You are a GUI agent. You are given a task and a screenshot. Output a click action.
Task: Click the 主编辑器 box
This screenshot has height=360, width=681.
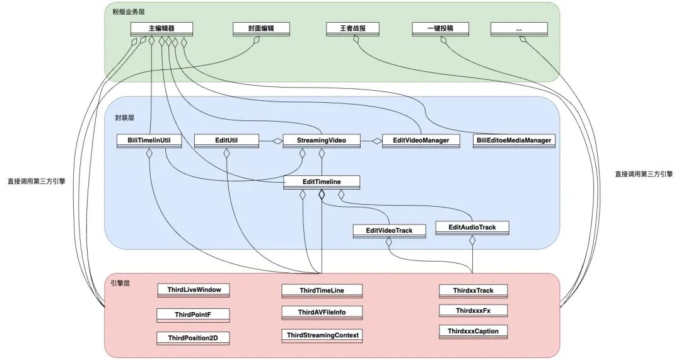click(x=161, y=28)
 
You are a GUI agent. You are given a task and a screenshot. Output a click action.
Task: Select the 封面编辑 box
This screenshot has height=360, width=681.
click(x=261, y=28)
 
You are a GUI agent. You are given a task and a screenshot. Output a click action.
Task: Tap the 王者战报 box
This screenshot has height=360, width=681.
click(x=352, y=28)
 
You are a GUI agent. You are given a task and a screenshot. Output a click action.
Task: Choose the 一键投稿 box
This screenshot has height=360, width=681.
click(x=440, y=28)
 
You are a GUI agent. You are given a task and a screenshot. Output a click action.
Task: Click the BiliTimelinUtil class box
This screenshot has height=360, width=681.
click(x=149, y=141)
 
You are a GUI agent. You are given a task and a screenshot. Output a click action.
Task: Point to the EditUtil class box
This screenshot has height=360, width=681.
click(x=226, y=141)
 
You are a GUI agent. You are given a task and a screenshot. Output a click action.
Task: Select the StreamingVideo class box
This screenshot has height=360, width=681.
click(x=322, y=141)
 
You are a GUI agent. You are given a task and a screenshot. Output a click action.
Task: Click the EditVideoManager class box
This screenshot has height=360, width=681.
click(x=421, y=141)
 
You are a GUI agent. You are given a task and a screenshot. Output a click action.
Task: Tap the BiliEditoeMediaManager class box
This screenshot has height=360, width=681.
click(x=514, y=141)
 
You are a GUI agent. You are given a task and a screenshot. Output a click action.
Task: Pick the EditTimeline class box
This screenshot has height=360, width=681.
click(x=322, y=182)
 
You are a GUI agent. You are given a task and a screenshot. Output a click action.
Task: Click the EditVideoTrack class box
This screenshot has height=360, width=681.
click(x=389, y=231)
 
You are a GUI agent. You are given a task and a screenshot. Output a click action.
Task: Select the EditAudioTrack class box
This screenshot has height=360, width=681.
click(x=472, y=228)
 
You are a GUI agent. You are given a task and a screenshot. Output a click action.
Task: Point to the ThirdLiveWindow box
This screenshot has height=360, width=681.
click(x=194, y=291)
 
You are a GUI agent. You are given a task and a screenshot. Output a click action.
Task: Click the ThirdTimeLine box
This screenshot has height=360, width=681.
click(x=322, y=291)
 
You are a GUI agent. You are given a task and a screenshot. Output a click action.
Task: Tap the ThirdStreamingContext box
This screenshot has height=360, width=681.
click(x=322, y=335)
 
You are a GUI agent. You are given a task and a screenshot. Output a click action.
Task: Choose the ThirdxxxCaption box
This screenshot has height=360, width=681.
click(x=473, y=332)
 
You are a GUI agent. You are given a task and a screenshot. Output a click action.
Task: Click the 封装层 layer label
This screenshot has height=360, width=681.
click(x=125, y=118)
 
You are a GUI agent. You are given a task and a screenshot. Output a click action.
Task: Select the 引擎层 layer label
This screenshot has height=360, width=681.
click(x=120, y=283)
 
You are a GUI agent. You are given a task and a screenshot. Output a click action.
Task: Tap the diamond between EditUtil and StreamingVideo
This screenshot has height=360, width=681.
click(x=277, y=141)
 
